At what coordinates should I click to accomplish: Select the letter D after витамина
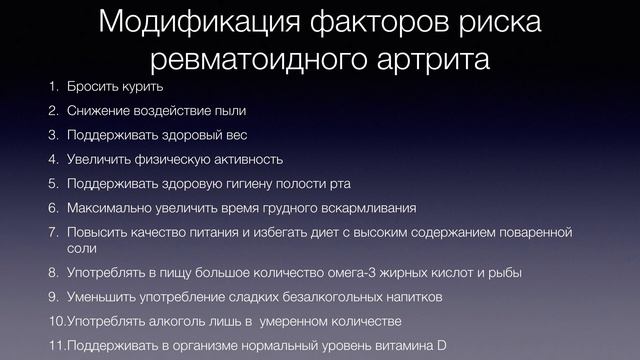point(441,346)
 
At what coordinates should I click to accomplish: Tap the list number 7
point(54,232)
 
